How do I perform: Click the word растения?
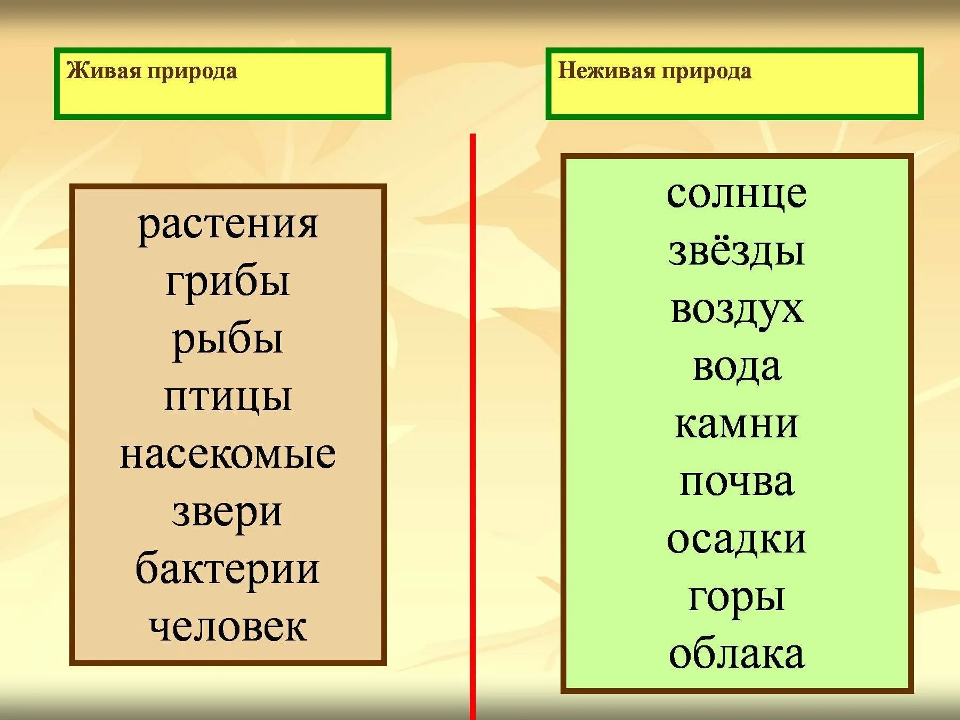228,225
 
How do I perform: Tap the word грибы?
228,283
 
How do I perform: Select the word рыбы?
228,340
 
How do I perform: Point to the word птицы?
228,398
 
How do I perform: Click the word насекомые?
228,454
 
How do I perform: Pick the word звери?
228,513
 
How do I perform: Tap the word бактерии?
228,569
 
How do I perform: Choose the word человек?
228,627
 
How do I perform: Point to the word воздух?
737,309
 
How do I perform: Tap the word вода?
737,367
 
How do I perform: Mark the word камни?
737,425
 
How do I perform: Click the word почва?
737,482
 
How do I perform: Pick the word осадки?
737,540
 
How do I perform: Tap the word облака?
737,655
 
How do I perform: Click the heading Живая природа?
152,71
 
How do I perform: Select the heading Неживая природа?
655,71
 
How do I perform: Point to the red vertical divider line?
473,427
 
